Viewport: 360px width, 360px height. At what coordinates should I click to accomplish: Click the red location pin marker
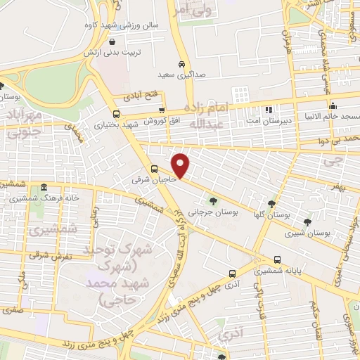click(x=181, y=165)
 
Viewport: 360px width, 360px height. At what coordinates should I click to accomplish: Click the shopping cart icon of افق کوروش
click(x=162, y=110)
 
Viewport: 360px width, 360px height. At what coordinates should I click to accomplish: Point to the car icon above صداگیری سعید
click(x=181, y=62)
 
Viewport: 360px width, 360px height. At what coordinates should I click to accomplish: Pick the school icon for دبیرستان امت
click(x=268, y=110)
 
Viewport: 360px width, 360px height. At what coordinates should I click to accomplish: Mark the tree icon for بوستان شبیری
click(x=307, y=221)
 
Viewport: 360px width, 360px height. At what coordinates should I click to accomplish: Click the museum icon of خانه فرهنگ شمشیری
click(x=44, y=188)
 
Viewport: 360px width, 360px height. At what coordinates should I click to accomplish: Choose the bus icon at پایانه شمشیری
click(x=278, y=259)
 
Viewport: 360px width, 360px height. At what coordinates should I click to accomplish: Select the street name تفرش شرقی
click(x=48, y=256)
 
